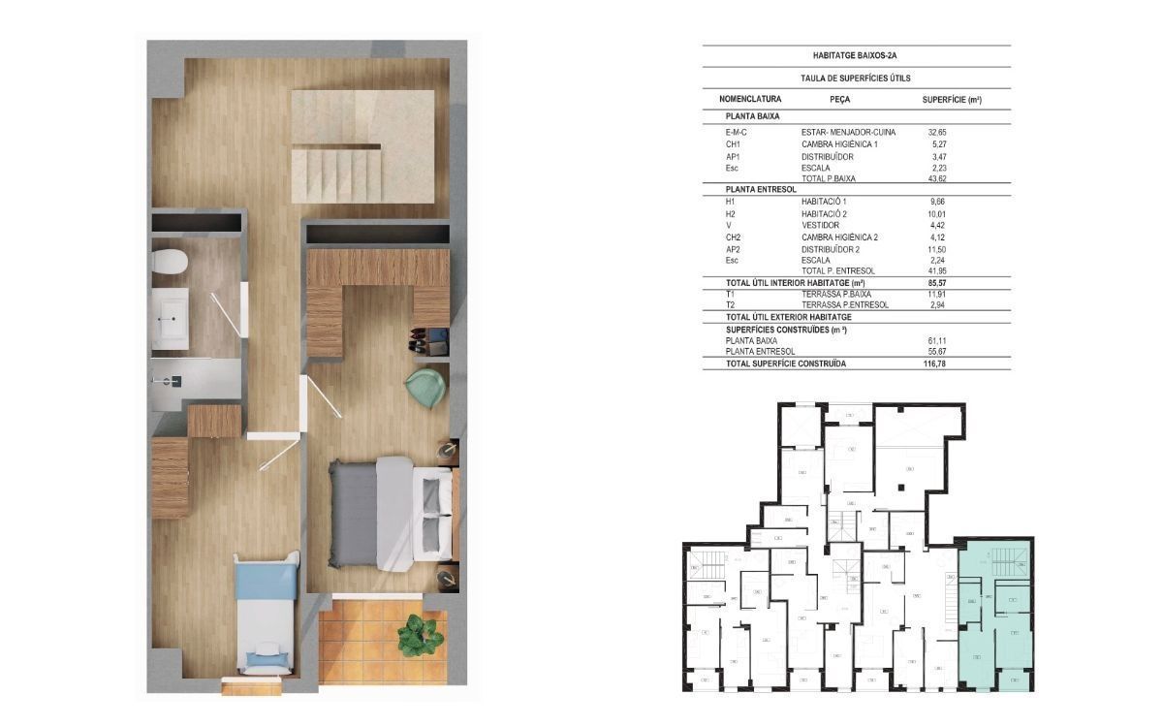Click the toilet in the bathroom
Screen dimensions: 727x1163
[x=172, y=262]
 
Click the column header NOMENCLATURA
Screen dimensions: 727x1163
[x=750, y=100]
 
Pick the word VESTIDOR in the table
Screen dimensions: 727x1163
[x=819, y=225]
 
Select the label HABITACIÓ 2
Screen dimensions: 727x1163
[x=825, y=213]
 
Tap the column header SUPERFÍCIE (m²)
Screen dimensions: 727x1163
[x=952, y=100]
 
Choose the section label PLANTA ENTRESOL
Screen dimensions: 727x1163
[x=762, y=190]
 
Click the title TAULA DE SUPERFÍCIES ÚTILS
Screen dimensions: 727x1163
[x=855, y=79]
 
